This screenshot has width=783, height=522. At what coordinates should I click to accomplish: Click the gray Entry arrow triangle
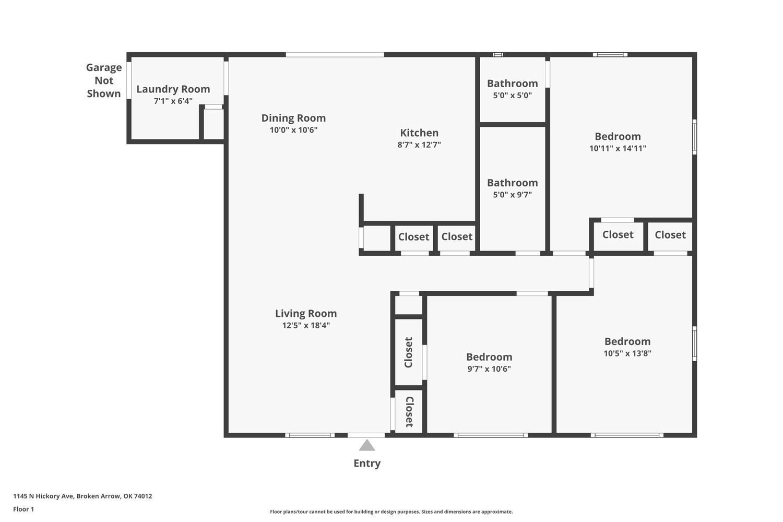366,445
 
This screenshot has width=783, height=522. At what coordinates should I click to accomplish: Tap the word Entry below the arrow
366,463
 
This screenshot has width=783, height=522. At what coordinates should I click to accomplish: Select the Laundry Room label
173,89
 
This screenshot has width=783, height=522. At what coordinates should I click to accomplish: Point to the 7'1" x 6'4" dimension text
173,101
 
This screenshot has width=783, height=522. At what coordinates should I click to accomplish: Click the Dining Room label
293,118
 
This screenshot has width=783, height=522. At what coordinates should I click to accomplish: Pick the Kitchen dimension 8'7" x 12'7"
419,145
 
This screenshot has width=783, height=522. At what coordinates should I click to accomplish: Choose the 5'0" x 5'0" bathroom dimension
513,95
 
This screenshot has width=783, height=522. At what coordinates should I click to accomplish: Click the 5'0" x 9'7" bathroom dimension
513,194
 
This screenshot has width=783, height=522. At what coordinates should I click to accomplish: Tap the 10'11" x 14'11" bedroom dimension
618,148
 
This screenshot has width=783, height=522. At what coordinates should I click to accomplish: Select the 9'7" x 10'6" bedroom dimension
489,369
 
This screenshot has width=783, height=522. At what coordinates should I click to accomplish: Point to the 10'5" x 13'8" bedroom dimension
627,353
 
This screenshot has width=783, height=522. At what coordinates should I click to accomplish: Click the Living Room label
306,313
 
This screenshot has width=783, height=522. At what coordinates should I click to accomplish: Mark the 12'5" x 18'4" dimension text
306,325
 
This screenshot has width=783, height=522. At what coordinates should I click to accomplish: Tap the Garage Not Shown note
104,80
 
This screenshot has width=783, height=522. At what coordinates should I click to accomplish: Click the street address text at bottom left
82,496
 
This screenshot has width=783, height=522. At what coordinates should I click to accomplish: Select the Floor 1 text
23,509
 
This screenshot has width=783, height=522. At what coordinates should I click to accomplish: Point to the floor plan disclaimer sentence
391,512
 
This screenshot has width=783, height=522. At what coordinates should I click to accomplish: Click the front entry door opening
366,435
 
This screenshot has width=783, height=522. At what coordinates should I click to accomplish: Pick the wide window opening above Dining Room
335,54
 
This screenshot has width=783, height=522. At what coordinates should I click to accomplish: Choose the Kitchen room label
419,133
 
